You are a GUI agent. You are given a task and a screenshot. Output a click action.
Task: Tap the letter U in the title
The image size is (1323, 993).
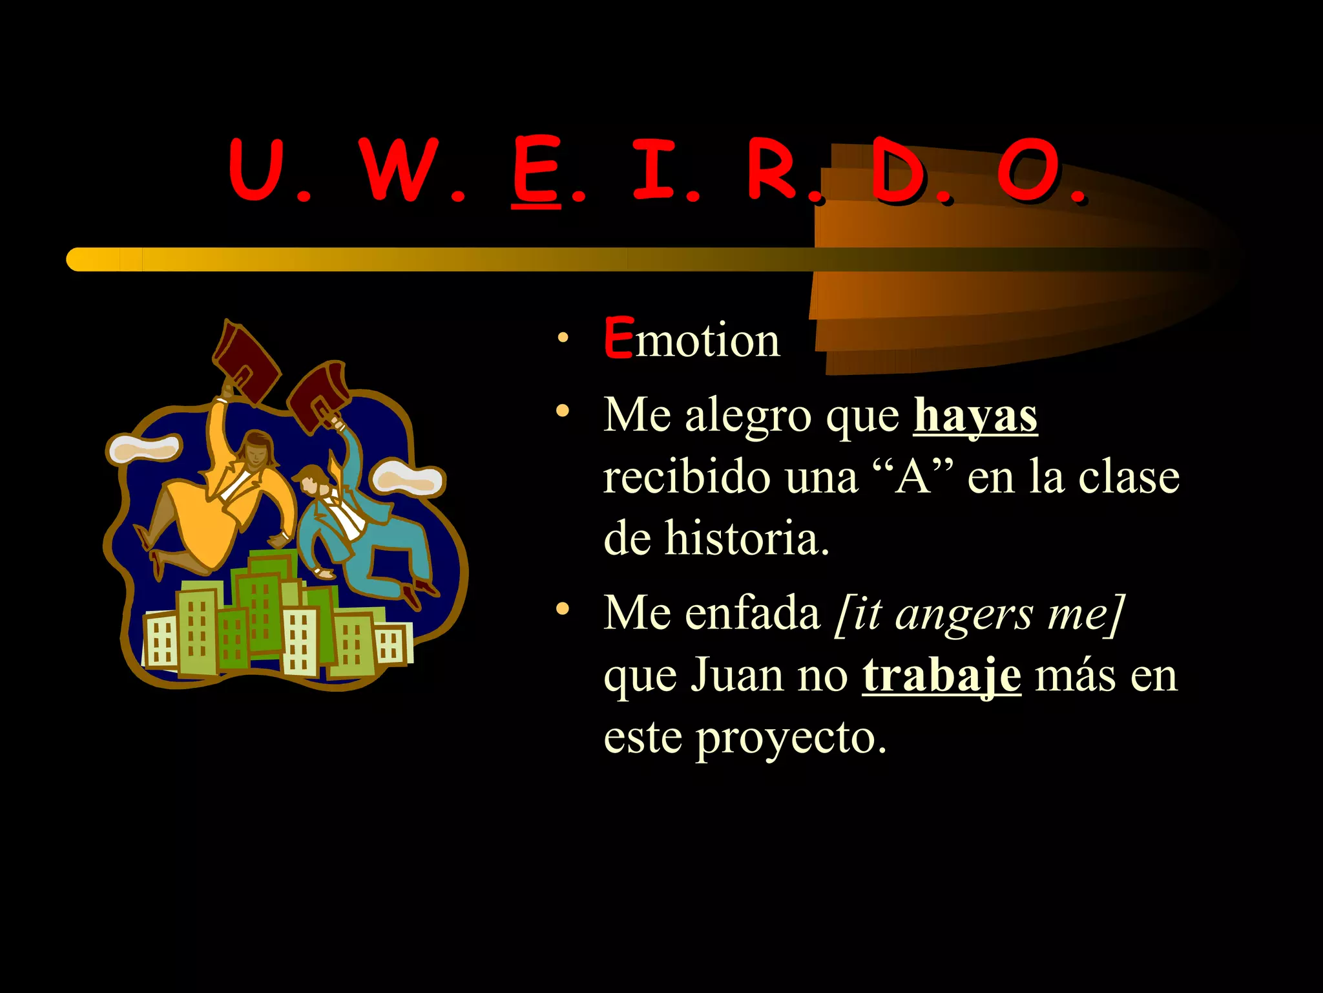click(256, 170)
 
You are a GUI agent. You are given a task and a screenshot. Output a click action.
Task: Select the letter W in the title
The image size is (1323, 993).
click(400, 170)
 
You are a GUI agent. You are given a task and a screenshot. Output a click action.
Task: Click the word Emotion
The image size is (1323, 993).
click(692, 339)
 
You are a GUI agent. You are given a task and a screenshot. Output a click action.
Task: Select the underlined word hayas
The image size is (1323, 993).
click(975, 415)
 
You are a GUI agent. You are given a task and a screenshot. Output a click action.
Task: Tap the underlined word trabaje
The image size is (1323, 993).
click(941, 676)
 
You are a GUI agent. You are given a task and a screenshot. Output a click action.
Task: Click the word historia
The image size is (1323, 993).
click(747, 538)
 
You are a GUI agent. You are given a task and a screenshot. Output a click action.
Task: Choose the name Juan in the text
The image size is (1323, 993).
click(737, 676)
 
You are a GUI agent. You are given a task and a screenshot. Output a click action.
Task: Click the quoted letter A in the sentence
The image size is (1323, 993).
click(913, 477)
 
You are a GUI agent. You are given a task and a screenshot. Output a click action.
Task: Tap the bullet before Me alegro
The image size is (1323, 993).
click(563, 411)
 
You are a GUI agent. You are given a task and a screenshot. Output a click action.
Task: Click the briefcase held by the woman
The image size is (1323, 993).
click(245, 359)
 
